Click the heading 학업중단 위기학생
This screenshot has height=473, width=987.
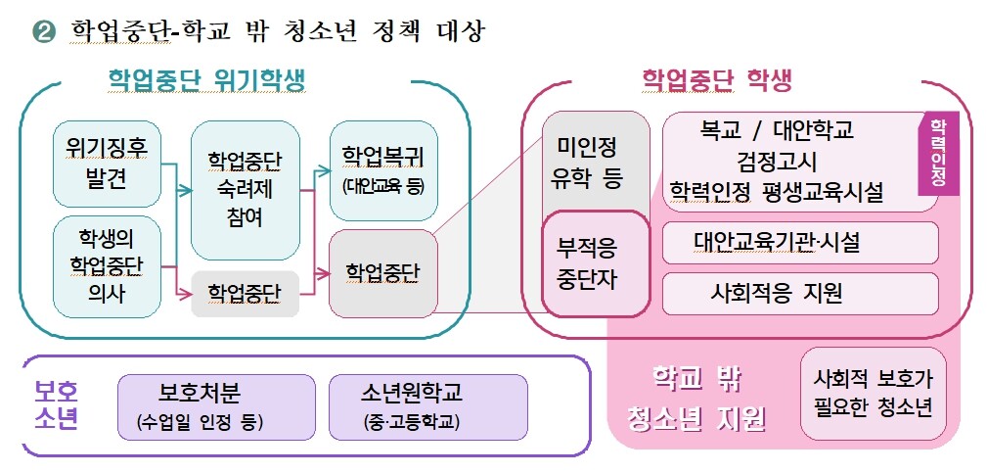click(x=206, y=80)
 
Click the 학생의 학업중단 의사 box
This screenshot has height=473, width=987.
click(x=107, y=266)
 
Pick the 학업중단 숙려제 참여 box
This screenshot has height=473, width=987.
click(x=245, y=188)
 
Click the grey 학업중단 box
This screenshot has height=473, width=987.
click(x=245, y=291)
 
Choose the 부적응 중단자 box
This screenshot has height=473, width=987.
click(x=595, y=263)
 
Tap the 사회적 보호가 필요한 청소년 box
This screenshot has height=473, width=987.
click(x=873, y=392)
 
